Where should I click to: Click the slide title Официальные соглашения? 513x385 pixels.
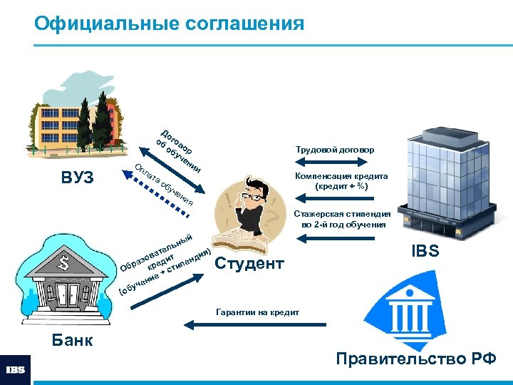tap(169, 24)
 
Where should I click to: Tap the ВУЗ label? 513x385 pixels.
tap(78, 177)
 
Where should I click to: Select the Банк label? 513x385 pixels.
tap(73, 339)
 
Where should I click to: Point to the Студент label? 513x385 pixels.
tap(249, 264)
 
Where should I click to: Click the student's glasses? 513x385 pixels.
tap(252, 195)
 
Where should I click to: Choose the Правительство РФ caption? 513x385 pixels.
tap(416, 358)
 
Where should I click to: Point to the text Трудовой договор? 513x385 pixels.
tap(334, 150)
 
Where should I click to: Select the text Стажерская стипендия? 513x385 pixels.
tap(343, 213)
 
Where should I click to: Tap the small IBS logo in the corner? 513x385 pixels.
tap(16, 370)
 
